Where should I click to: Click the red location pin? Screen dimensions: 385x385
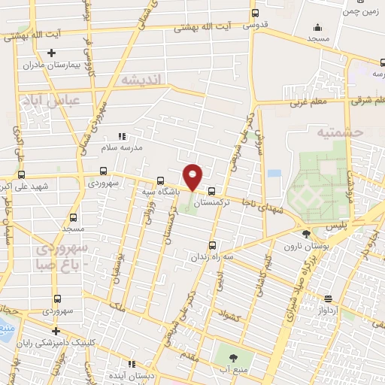(x=193, y=176)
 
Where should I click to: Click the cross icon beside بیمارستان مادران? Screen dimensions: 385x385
(x=51, y=53)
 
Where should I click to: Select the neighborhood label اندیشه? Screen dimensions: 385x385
(x=140, y=80)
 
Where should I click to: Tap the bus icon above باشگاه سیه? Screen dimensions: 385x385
(x=160, y=180)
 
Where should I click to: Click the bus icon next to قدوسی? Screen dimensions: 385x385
(x=256, y=13)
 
